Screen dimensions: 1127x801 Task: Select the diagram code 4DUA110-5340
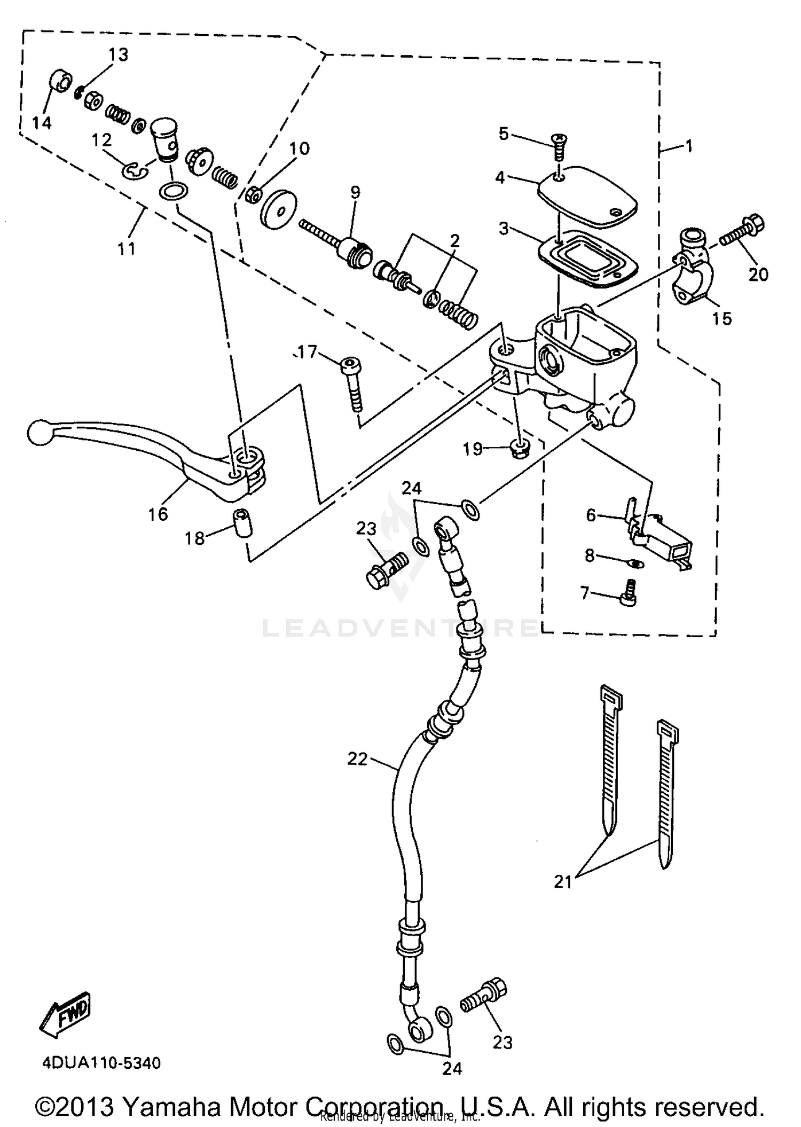click(x=101, y=1063)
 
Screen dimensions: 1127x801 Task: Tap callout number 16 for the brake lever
click(x=158, y=514)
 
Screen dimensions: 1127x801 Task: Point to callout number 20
click(x=758, y=274)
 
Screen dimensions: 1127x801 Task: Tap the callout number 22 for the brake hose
click(x=357, y=758)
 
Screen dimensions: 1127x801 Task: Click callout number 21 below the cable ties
click(x=563, y=882)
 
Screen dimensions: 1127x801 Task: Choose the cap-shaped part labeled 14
click(x=60, y=82)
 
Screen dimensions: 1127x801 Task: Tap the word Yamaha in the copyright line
click(x=171, y=1107)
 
